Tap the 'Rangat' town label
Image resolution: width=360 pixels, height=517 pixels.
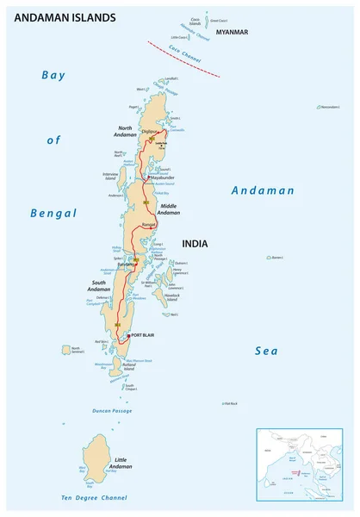(148, 225)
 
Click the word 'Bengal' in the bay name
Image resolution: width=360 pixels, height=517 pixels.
(53, 213)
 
